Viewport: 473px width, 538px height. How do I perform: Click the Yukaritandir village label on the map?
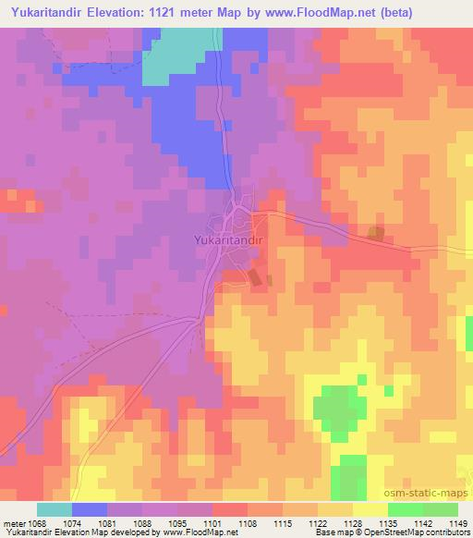coord(230,239)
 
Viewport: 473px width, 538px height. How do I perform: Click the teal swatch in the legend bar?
coord(55,509)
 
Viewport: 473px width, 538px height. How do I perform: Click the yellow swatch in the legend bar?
coord(370,509)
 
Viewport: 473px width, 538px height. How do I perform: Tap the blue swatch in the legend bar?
coord(90,509)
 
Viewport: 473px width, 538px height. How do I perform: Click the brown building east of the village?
coord(375,233)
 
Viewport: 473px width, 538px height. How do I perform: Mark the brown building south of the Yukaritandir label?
coord(254,276)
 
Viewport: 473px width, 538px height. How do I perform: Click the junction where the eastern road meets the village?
coord(251,214)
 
